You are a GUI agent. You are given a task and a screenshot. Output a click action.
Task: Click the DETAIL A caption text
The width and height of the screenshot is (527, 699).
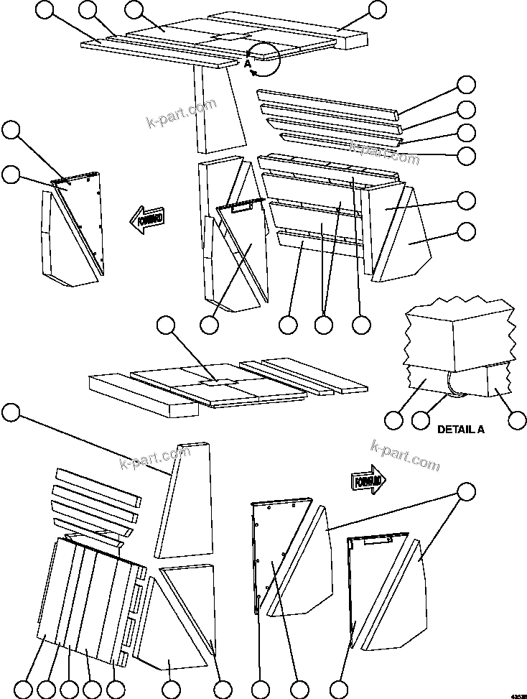click(x=461, y=430)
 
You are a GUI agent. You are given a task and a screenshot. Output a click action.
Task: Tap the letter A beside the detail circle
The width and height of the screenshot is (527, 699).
click(x=247, y=64)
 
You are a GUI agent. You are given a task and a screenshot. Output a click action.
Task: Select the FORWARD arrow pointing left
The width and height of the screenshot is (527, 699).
click(x=149, y=218)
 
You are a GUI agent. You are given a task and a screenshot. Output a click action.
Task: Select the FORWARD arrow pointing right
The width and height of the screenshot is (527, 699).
click(x=368, y=481)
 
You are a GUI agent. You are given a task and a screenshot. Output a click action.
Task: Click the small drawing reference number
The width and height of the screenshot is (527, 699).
click(x=518, y=695)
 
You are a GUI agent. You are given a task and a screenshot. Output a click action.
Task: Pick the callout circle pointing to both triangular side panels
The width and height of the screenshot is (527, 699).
click(x=466, y=492)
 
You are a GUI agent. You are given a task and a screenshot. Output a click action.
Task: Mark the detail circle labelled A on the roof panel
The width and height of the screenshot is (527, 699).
click(x=262, y=59)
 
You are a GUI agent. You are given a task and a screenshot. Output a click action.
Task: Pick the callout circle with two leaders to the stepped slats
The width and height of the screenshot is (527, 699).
click(x=324, y=325)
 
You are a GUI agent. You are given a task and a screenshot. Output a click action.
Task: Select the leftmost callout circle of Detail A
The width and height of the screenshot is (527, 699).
click(x=394, y=420)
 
